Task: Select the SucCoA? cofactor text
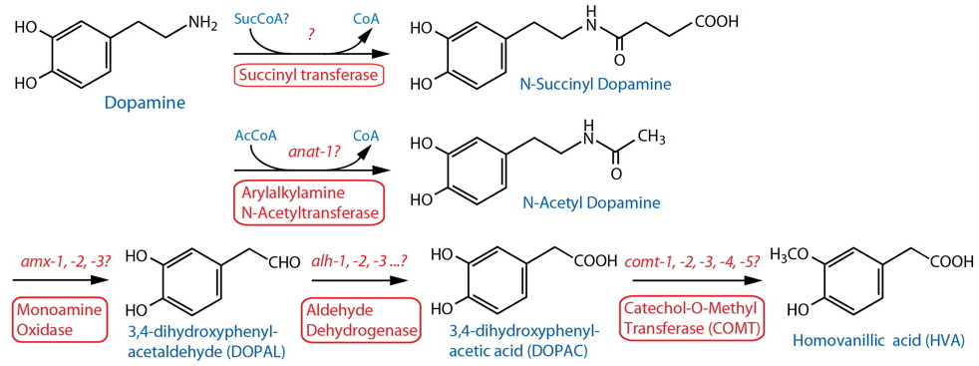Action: [261, 18]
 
